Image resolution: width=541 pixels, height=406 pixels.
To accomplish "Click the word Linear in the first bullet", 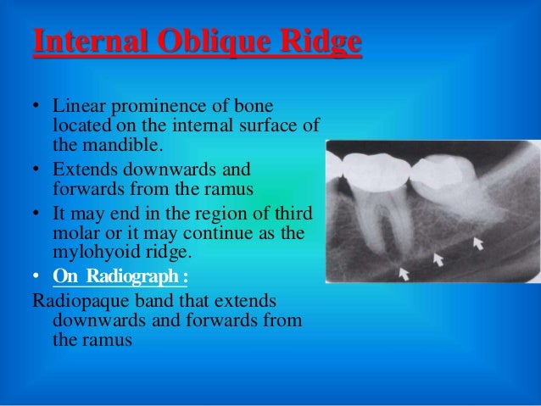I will coord(76,108).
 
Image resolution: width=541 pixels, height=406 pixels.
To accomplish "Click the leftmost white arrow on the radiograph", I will coord(404,273).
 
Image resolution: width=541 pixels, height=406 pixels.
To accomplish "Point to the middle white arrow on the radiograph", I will coord(438,258).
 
